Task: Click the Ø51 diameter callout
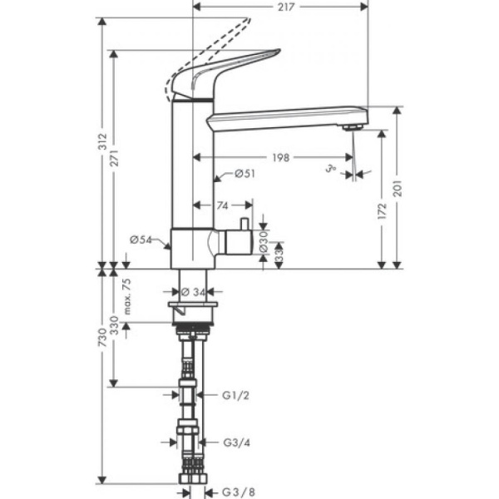tap(244, 174)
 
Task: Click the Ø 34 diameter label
tap(194, 292)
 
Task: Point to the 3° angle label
tap(332, 171)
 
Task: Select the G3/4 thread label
tap(239, 443)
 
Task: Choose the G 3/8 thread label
tap(239, 491)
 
